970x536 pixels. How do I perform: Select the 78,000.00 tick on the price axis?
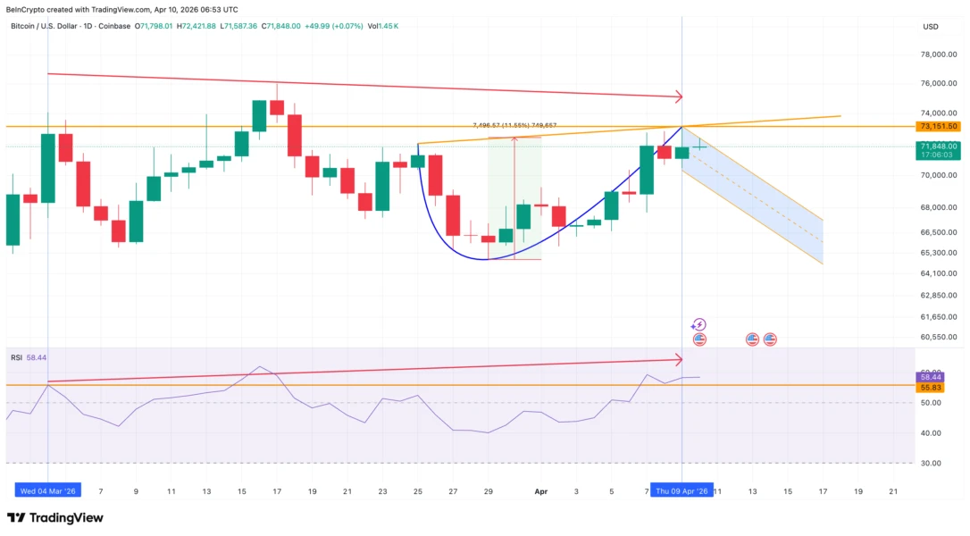coord(939,54)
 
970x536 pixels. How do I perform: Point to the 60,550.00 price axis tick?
coord(939,337)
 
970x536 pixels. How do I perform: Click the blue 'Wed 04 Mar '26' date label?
coord(48,491)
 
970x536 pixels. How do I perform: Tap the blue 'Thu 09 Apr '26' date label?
coord(682,491)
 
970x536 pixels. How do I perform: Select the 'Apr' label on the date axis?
coord(540,491)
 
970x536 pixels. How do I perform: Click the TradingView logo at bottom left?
coord(55,517)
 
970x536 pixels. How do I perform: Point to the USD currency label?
coord(931,27)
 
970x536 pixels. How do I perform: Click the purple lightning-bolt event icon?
coord(699,324)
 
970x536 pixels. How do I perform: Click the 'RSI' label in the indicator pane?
coord(16,357)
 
